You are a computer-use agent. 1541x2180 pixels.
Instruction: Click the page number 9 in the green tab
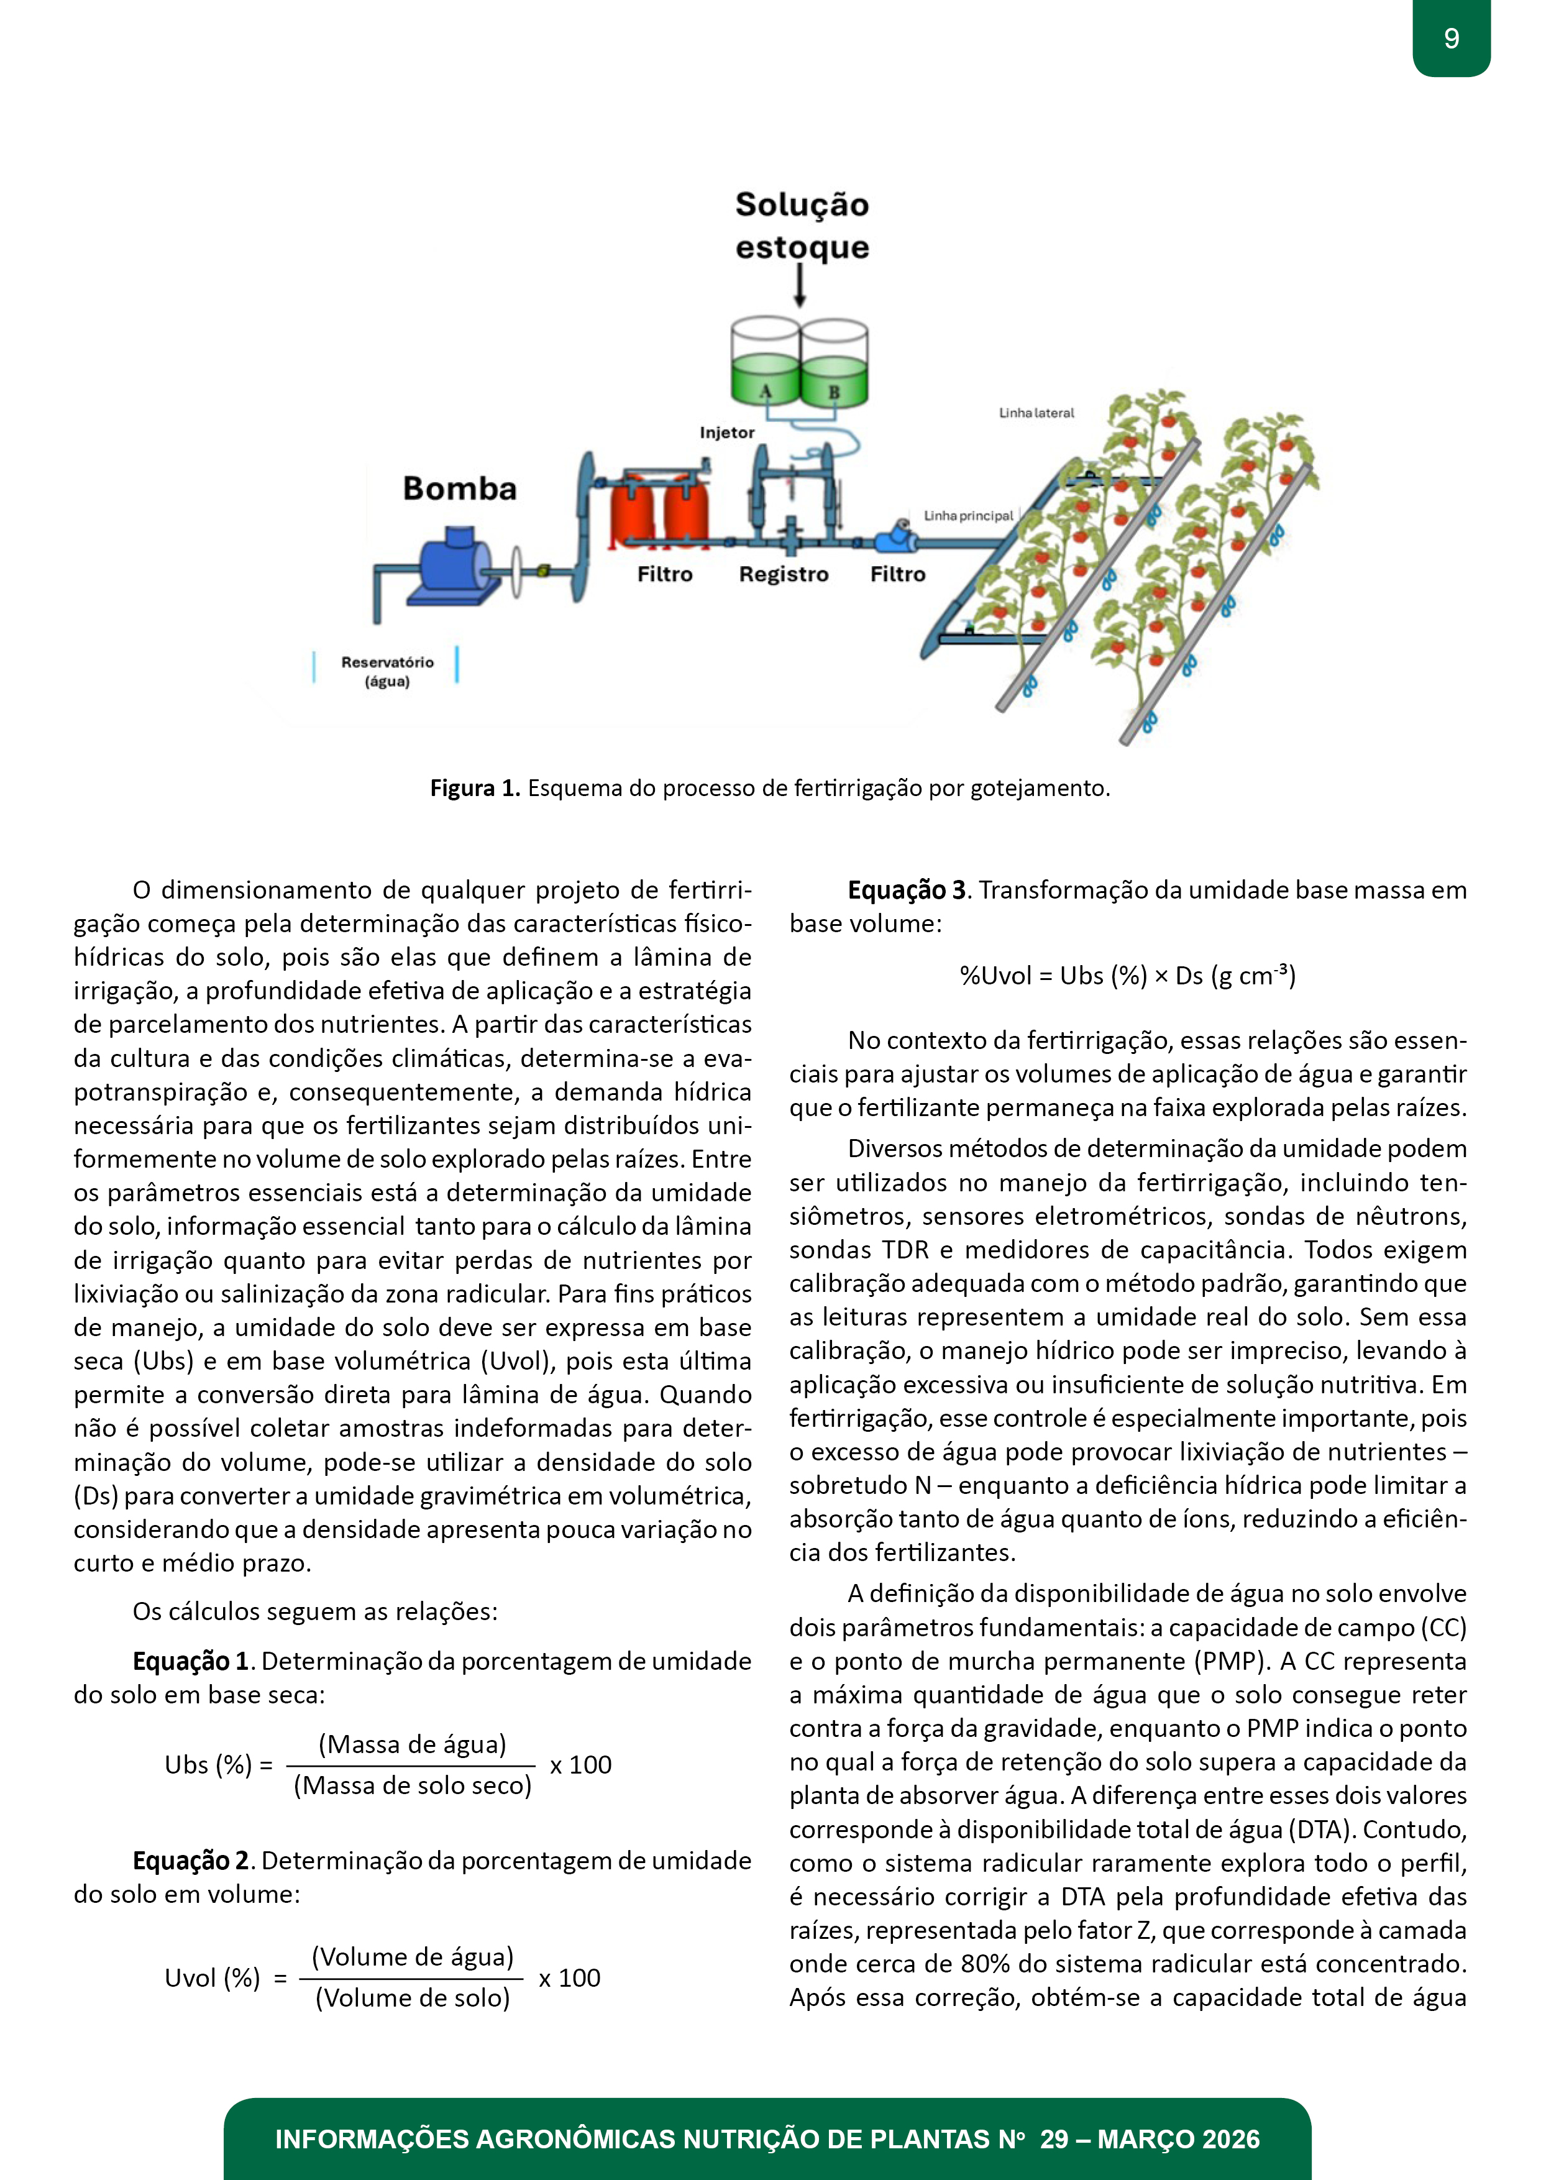tap(1451, 38)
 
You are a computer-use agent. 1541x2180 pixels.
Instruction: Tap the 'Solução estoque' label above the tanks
tap(802, 225)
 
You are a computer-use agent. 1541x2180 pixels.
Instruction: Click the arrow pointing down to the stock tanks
tap(800, 285)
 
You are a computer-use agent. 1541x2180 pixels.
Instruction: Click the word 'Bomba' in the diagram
tap(460, 488)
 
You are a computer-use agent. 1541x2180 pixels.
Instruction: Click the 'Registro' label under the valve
tap(784, 574)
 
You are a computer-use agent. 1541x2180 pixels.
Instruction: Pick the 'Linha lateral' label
tap(1036, 413)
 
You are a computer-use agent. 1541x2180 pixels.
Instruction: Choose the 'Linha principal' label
tap(969, 516)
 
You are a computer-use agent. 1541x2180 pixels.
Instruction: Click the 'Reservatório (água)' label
tap(387, 671)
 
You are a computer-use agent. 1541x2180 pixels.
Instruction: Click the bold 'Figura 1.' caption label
tap(475, 788)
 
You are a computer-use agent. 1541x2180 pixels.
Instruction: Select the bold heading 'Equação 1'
tap(191, 1660)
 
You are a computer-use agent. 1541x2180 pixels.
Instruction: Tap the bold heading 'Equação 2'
tap(191, 1860)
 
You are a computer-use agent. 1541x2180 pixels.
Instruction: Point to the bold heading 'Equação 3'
tap(907, 890)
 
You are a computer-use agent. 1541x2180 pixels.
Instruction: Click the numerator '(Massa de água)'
tap(412, 1744)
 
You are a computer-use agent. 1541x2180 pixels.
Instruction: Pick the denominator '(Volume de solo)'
tap(412, 1998)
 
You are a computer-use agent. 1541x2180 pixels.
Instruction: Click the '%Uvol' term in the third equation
tap(995, 976)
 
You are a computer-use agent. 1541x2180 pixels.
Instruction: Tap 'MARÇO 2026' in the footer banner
tap(1178, 2139)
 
